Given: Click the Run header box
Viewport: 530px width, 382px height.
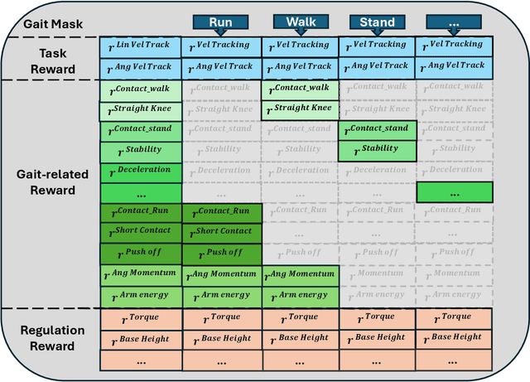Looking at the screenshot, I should (220, 22).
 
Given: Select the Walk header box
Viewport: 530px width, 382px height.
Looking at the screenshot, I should (301, 22).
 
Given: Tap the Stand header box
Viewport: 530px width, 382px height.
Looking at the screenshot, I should (377, 22).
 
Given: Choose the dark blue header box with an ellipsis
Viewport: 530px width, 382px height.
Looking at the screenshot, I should (453, 22).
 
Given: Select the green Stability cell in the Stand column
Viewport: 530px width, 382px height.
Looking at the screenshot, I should (377, 151).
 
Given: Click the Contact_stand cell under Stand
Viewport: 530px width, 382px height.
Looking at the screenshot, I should (377, 130).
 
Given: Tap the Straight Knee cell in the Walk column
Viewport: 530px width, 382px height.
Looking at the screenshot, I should (301, 109).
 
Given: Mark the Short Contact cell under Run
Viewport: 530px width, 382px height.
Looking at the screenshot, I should (221, 233).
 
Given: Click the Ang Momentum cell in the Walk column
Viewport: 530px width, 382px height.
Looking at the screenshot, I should (301, 275).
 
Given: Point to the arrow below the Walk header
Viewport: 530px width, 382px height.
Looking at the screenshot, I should (301, 36).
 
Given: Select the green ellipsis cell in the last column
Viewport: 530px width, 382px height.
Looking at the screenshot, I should (454, 192).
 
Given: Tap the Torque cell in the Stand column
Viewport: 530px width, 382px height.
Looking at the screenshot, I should (377, 318).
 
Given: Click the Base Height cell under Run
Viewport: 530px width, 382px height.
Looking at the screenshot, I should (221, 339).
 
